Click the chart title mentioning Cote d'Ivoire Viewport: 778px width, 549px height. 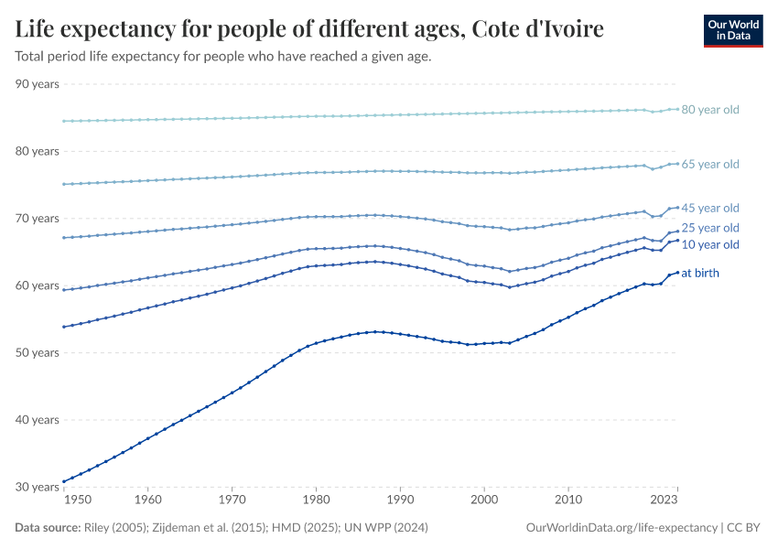pyautogui.click(x=309, y=29)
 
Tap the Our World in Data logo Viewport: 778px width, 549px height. pyautogui.click(x=732, y=30)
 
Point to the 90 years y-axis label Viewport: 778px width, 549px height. pyautogui.click(x=38, y=84)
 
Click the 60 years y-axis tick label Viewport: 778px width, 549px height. pyautogui.click(x=38, y=285)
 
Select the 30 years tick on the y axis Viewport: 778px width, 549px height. pyautogui.click(x=38, y=487)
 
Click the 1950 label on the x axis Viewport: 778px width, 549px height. pyautogui.click(x=78, y=501)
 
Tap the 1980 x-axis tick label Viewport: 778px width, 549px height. pyautogui.click(x=316, y=501)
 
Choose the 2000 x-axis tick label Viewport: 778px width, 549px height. pyautogui.click(x=484, y=501)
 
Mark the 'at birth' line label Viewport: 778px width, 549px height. pyautogui.click(x=707, y=273)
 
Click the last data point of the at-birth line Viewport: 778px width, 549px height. pyautogui.click(x=677, y=272)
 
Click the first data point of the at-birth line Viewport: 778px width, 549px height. pyautogui.click(x=63, y=481)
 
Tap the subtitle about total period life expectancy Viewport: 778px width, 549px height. pyautogui.click(x=223, y=57)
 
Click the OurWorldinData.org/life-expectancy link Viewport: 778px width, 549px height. pyautogui.click(x=622, y=528)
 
